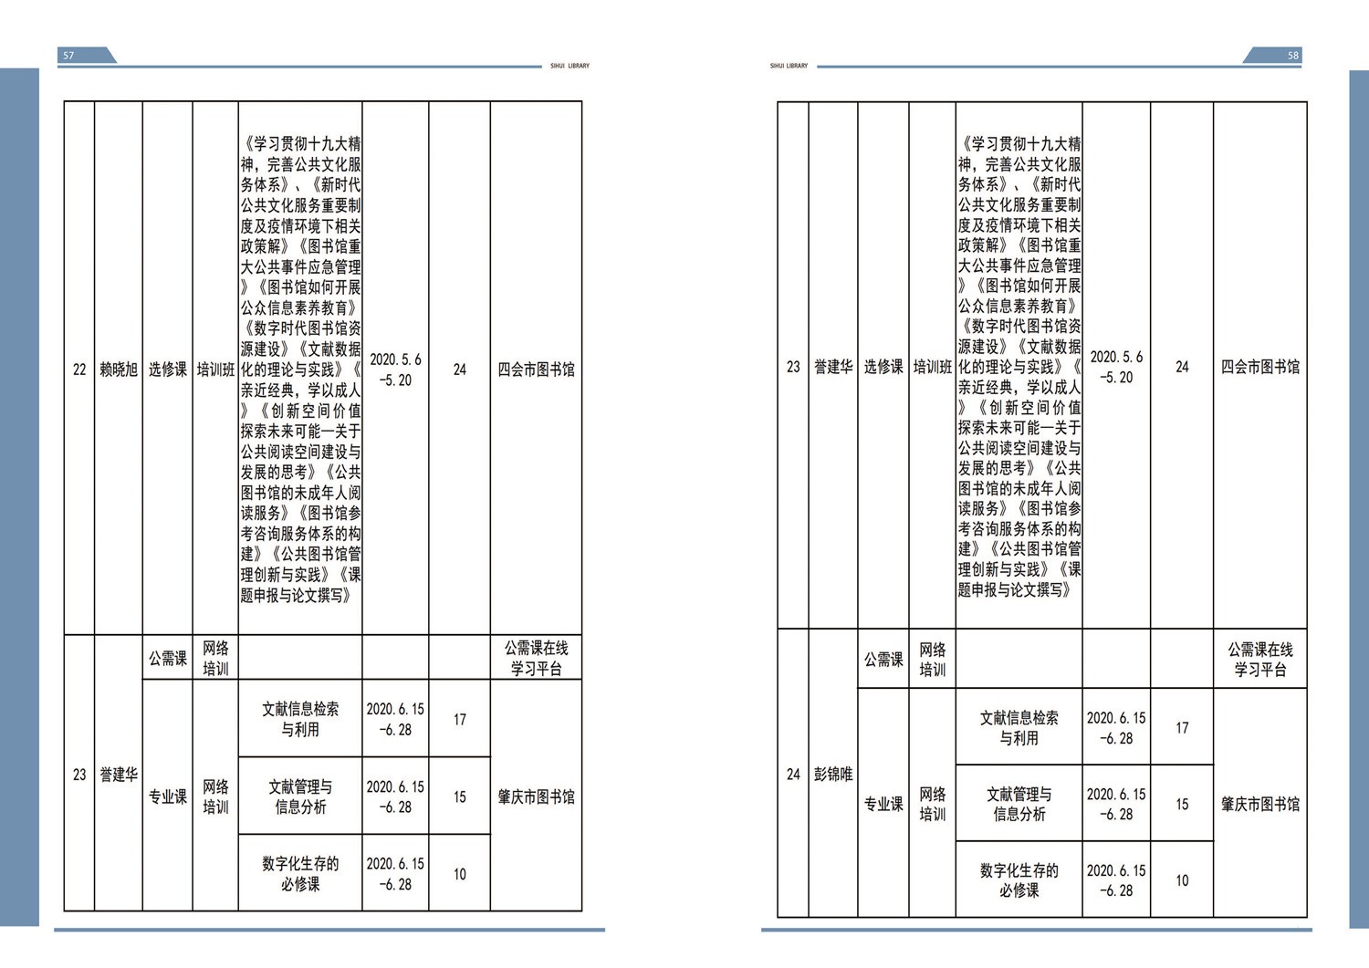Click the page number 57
point(68,56)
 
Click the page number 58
point(1293,56)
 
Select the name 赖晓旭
point(119,370)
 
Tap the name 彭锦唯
point(833,775)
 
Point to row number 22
point(79,370)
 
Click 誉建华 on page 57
point(119,775)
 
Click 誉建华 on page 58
point(833,367)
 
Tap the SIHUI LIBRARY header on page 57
point(570,66)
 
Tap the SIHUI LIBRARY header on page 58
point(789,66)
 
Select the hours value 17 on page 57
point(460,719)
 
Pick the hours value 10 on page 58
point(1182,880)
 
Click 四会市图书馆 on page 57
point(536,370)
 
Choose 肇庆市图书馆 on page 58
point(1260,804)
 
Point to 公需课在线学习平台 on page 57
point(536,658)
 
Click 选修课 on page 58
point(883,367)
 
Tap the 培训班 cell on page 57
point(215,370)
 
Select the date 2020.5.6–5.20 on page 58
point(1116,367)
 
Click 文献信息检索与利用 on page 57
point(300,719)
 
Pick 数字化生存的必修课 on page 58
point(1019,880)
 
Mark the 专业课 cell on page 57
point(167,796)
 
